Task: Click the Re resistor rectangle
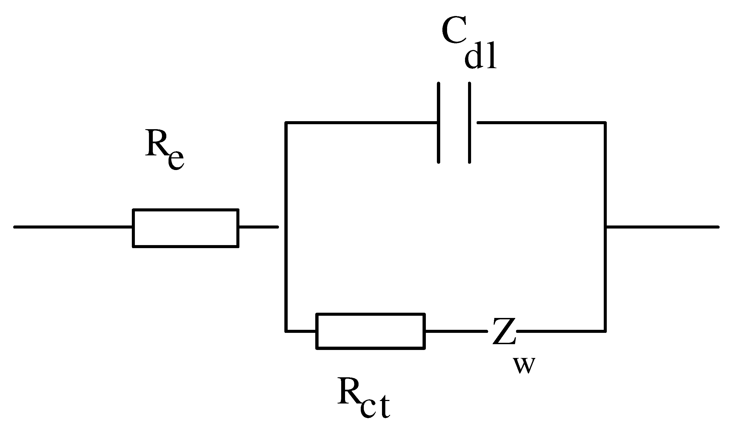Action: click(x=186, y=228)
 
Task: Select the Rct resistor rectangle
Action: click(x=371, y=331)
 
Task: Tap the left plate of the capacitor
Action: click(x=439, y=123)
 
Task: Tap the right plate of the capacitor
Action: click(x=470, y=123)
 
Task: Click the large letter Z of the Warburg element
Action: click(x=504, y=331)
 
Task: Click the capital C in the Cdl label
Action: click(x=454, y=30)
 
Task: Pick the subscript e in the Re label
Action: click(x=176, y=160)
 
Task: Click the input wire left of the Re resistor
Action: click(x=73, y=227)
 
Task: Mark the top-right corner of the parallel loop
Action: click(x=605, y=123)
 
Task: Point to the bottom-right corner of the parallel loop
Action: click(x=605, y=331)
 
